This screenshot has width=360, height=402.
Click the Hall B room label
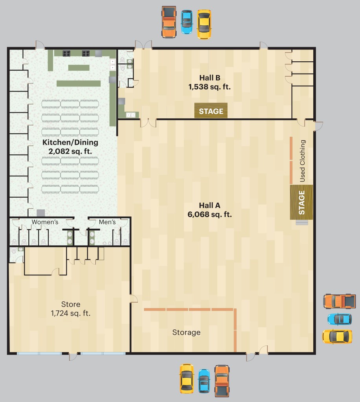point(210,82)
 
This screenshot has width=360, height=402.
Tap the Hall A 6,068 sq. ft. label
point(210,210)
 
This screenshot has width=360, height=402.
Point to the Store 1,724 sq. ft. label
point(71,309)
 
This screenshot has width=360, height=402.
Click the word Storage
point(186,332)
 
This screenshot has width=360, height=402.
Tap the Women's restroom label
point(45,222)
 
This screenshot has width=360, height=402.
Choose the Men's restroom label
point(107,222)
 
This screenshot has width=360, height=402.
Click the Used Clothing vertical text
point(302,161)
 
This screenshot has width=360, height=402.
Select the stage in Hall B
point(211,110)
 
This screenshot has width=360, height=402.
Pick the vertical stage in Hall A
point(302,202)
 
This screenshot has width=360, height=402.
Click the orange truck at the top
point(169,22)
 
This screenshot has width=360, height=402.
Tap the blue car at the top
point(186,22)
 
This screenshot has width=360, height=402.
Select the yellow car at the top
point(204,24)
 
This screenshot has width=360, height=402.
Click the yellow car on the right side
point(337,336)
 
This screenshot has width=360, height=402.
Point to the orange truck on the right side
point(340,301)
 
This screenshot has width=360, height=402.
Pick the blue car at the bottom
point(204,381)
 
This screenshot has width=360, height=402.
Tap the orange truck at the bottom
point(222,381)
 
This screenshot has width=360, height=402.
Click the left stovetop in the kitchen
point(67,53)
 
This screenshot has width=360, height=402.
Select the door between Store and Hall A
point(133,299)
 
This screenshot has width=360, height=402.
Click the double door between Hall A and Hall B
point(148,123)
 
